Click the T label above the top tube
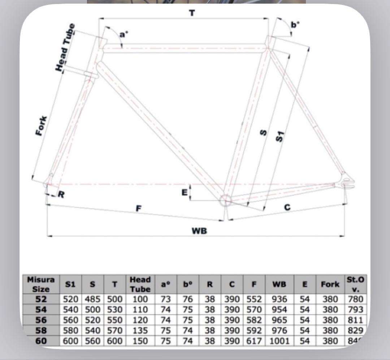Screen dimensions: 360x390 click(192, 13)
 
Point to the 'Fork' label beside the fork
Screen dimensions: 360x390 click(42, 126)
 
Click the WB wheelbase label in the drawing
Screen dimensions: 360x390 click(199, 231)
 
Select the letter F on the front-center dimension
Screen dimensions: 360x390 click(138, 208)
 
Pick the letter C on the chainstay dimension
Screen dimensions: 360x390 click(287, 207)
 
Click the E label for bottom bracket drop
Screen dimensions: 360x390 click(185, 193)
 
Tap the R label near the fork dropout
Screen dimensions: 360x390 click(61, 195)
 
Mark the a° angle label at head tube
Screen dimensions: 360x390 click(123, 35)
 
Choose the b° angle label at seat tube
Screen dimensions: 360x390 click(295, 25)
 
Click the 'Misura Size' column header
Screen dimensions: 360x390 click(40, 284)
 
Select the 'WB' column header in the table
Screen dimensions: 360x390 click(279, 284)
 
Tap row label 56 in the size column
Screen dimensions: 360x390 click(40, 320)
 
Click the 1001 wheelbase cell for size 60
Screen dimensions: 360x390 click(279, 341)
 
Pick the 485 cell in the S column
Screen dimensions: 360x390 click(92, 299)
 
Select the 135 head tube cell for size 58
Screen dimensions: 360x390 click(140, 330)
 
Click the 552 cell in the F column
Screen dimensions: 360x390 click(254, 299)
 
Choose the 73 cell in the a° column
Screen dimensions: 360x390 click(165, 299)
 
